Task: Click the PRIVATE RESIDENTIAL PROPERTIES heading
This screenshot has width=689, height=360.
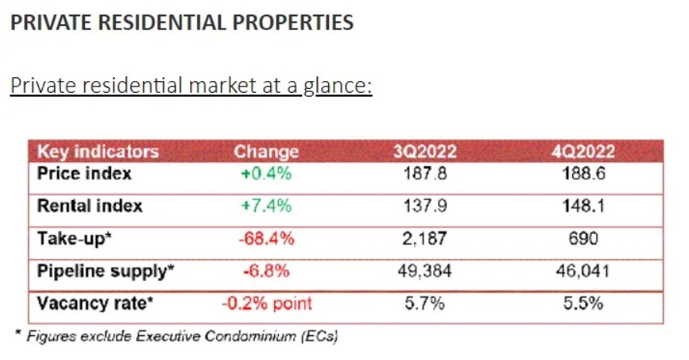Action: click(182, 22)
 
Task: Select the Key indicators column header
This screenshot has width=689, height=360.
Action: click(97, 151)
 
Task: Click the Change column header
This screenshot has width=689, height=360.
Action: click(266, 151)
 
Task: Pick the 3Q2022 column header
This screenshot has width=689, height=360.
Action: click(425, 151)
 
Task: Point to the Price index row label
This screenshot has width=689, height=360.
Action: click(84, 173)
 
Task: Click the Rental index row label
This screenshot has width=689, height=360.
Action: click(90, 206)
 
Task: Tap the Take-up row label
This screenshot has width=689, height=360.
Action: click(75, 239)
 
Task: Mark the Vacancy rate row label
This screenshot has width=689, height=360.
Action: click(95, 304)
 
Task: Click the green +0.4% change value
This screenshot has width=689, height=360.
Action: click(266, 173)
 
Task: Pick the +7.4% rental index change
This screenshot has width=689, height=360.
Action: click(266, 206)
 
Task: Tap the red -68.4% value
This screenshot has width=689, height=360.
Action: click(266, 239)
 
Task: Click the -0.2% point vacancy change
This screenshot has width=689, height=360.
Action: click(266, 304)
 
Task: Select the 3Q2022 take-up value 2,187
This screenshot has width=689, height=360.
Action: click(425, 239)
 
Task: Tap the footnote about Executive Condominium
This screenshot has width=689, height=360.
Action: click(178, 335)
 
